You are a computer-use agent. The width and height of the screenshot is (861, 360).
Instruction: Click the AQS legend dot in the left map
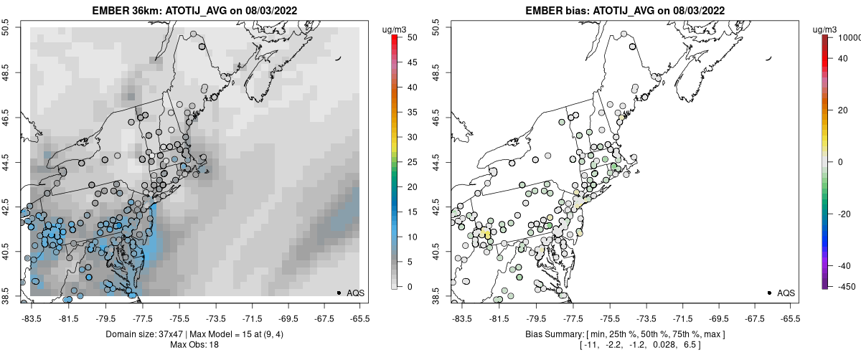coord(339,293)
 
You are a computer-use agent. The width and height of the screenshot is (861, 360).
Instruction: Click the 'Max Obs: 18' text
coord(194,345)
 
